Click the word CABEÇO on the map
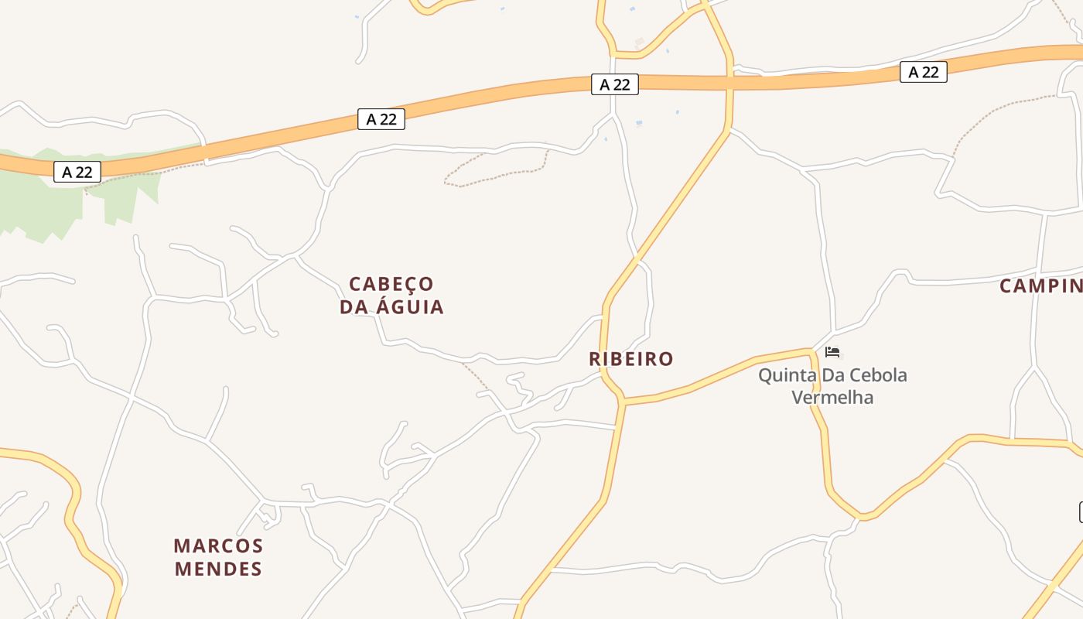pos(391,284)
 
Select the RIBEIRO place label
pos(631,359)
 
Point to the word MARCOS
pos(219,546)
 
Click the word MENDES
pos(218,569)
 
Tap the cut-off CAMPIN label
pos(1040,286)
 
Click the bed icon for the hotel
pos(832,352)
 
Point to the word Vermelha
pos(832,398)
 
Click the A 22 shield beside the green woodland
pos(77,172)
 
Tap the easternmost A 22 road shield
pos(923,72)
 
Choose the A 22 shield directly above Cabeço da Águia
pos(381,119)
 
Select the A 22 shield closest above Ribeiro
pos(615,84)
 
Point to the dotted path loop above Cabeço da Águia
pos(495,170)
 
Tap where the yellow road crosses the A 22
pos(729,82)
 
